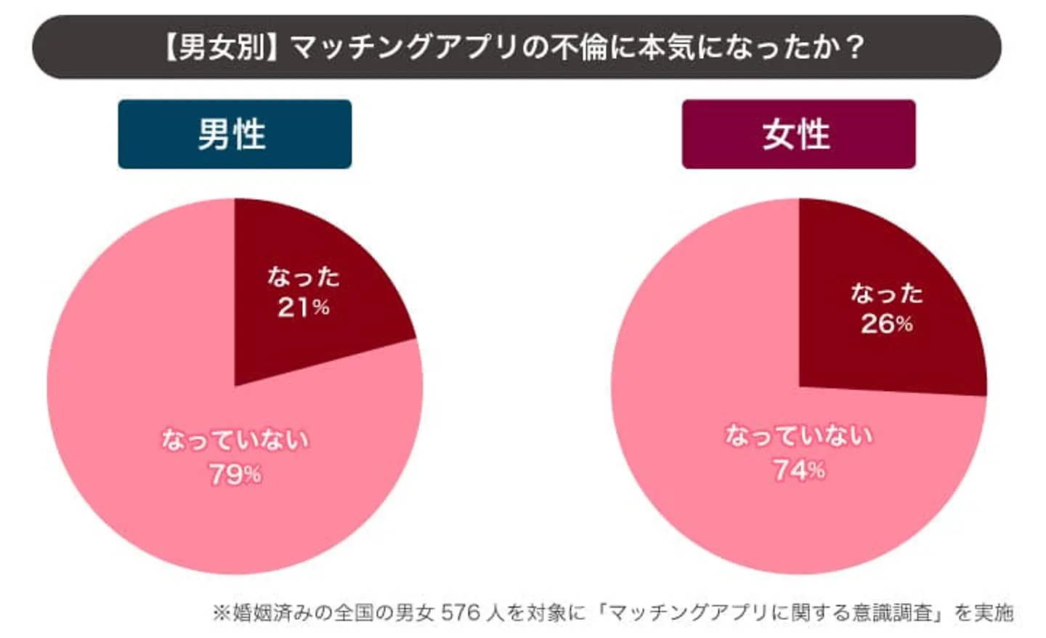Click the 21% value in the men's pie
[x=303, y=308]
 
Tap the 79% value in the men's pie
[x=235, y=475]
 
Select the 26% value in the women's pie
[x=886, y=324]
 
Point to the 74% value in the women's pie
[x=798, y=470]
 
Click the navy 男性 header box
[x=235, y=134]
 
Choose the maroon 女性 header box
[x=798, y=134]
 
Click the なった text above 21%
[x=303, y=277]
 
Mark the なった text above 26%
[x=886, y=294]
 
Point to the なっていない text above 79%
[x=235, y=440]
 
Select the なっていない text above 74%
[x=798, y=436]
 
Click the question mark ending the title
[x=856, y=47]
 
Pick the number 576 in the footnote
[x=461, y=613]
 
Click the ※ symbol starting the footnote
[x=221, y=613]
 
